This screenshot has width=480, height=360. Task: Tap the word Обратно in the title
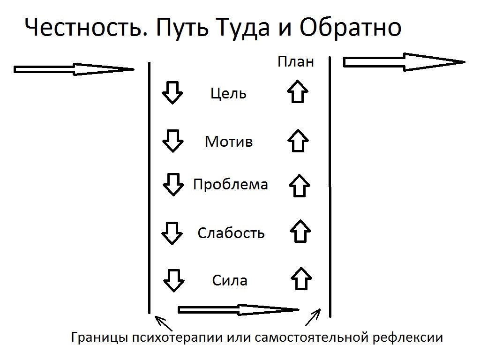350,27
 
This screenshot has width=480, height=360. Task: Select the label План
296,61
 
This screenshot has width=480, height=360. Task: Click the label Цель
228,93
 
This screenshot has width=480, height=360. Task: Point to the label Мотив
229,142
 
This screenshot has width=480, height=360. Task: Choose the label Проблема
231,185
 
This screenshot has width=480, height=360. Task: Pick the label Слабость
231,233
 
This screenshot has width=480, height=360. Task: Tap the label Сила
230,280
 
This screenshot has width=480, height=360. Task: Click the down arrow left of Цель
172,93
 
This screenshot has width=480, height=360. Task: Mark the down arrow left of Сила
173,280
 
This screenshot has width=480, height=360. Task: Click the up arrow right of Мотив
298,141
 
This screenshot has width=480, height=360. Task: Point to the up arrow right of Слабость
300,231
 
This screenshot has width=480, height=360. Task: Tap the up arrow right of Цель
298,91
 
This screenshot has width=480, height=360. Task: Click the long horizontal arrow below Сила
239,310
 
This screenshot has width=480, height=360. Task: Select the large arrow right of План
404,62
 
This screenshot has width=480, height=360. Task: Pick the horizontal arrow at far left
74,69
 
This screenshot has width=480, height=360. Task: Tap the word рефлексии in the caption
408,337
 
